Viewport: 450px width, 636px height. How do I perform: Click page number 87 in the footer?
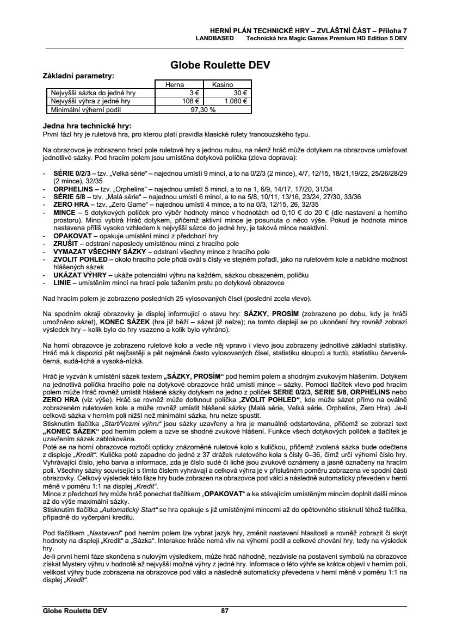point(225,611)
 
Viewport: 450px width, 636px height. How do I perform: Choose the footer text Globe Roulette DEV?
point(75,611)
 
